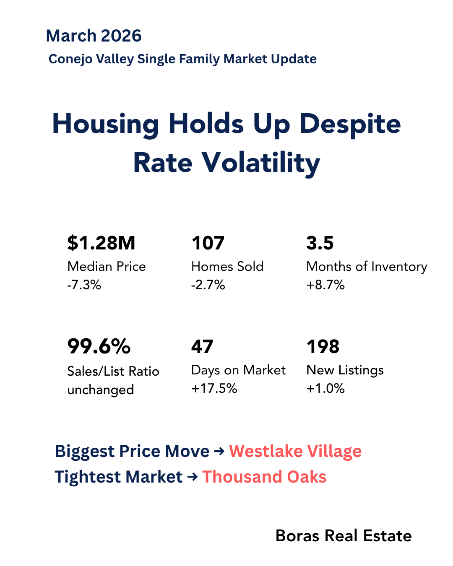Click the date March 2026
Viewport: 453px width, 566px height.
tap(94, 36)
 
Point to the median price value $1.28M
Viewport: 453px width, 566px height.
tap(101, 243)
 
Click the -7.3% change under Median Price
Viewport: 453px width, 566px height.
tap(84, 285)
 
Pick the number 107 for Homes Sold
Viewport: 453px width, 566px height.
tap(208, 243)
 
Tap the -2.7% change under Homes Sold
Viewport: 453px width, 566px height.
tap(208, 285)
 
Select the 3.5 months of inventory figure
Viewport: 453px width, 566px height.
tap(320, 243)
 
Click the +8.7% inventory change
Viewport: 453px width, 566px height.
tap(325, 285)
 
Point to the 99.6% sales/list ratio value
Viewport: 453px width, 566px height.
tap(99, 347)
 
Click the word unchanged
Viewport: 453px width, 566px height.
tap(101, 390)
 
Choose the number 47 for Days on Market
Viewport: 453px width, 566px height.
tap(202, 347)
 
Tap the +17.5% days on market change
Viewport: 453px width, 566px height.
tap(214, 389)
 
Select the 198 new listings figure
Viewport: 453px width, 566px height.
tap(323, 347)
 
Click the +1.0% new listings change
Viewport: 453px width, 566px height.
tap(325, 389)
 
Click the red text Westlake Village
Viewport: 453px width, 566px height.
tap(295, 452)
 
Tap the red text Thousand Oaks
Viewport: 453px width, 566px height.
tap(264, 477)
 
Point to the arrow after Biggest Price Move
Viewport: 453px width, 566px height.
tap(219, 452)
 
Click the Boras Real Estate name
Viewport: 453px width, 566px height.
tap(344, 536)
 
